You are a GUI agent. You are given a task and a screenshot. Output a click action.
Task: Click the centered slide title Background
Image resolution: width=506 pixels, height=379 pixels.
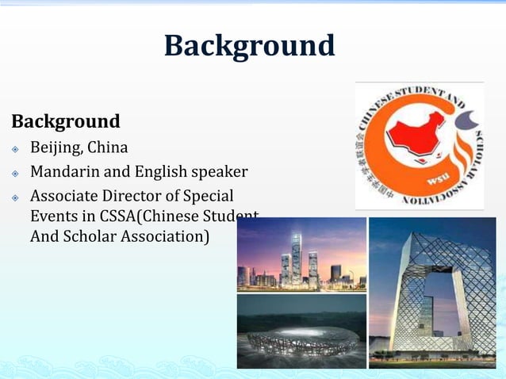(x=249, y=45)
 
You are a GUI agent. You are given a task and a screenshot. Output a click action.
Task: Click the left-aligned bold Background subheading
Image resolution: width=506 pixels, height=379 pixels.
(x=66, y=122)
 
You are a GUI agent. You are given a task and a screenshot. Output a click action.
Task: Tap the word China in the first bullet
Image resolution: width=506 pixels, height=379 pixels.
(x=106, y=148)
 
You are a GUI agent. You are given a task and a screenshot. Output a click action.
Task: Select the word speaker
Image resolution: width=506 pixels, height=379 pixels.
(x=220, y=172)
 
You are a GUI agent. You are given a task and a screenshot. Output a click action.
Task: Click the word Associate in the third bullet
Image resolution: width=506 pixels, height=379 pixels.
(x=63, y=195)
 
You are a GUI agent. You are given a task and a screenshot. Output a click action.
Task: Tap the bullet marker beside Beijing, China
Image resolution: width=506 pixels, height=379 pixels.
(x=15, y=149)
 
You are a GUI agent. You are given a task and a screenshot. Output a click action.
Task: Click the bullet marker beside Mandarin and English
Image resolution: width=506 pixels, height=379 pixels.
(x=15, y=173)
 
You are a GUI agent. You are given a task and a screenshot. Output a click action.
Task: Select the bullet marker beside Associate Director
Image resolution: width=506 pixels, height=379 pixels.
(x=15, y=196)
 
